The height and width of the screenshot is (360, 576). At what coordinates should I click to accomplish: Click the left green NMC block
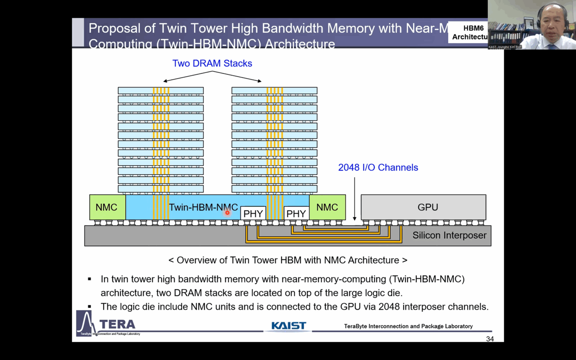[x=107, y=207]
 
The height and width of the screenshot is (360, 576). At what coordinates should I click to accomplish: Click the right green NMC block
[x=327, y=207]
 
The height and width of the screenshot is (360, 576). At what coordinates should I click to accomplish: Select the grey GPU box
[x=423, y=207]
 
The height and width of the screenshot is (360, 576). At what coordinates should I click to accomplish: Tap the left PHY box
[x=253, y=213]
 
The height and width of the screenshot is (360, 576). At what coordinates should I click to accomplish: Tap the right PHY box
[x=296, y=213]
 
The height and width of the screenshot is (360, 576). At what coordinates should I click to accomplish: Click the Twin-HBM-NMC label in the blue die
[x=203, y=207]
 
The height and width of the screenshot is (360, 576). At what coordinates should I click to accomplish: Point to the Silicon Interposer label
[x=449, y=235]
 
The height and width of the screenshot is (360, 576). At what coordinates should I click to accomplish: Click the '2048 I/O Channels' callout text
[x=378, y=167]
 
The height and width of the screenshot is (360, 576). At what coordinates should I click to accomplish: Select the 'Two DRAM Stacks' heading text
[x=212, y=63]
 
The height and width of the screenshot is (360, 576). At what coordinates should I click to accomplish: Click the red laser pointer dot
[x=227, y=213]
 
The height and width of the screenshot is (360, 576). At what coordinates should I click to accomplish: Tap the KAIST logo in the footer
[x=288, y=325]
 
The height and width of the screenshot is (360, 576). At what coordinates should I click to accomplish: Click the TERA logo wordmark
[x=117, y=324]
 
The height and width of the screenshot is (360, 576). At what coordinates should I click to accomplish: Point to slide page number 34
[x=490, y=339]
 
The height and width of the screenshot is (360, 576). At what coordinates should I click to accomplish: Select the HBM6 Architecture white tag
[x=469, y=32]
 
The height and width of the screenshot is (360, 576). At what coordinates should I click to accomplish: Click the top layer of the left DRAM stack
[x=160, y=90]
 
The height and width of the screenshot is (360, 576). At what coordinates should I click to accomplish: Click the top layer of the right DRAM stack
[x=274, y=90]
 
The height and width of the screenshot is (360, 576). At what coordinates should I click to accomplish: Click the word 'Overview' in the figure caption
[x=194, y=260]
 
